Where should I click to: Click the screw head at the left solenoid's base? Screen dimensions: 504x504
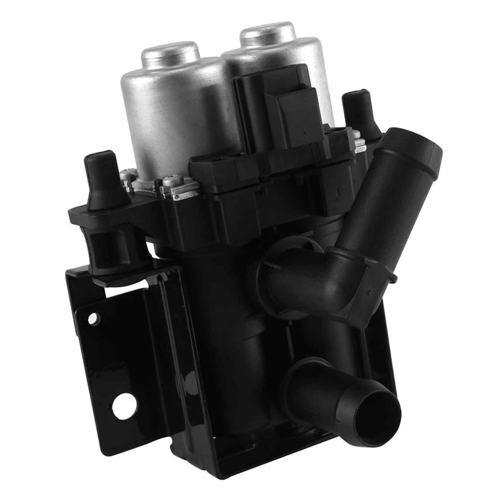[173, 181]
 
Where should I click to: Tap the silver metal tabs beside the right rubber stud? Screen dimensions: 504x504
[359, 144]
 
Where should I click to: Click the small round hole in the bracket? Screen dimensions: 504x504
[93, 319]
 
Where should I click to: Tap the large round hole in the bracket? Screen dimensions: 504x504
[124, 406]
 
